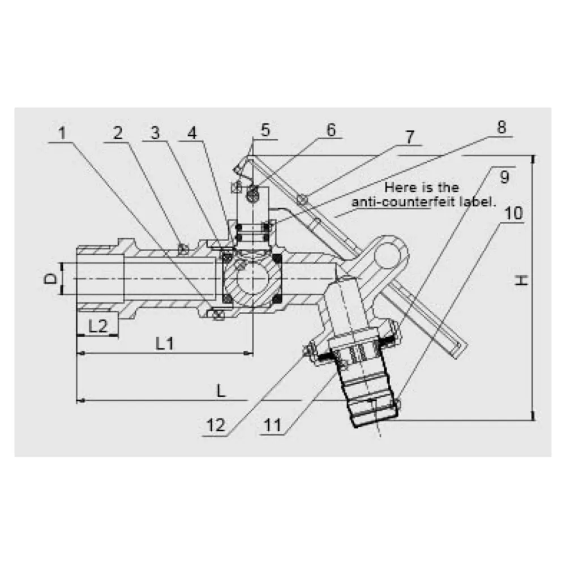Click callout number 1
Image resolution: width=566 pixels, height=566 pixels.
(63, 134)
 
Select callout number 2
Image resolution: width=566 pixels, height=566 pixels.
(117, 134)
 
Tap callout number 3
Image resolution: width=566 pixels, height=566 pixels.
(155, 134)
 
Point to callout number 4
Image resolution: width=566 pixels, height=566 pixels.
(192, 134)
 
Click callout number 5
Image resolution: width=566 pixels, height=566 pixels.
(265, 130)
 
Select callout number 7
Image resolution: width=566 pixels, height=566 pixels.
(409, 136)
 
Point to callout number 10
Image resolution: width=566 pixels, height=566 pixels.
(514, 214)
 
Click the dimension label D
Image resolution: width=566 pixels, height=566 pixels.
(51, 278)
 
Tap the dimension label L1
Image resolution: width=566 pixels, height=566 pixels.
(165, 343)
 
